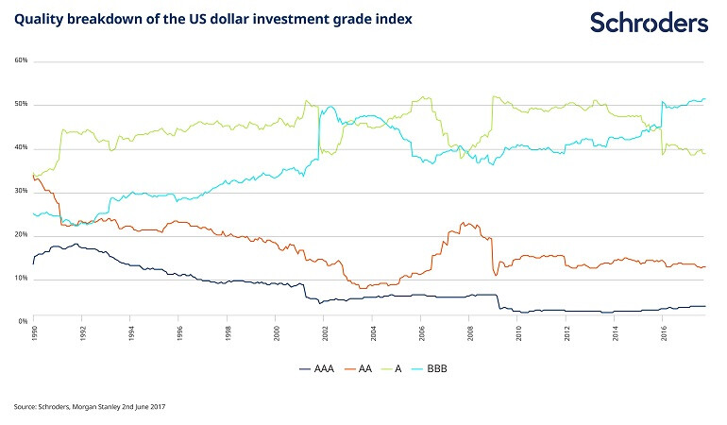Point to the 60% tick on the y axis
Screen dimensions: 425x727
21,61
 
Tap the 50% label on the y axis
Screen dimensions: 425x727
21,105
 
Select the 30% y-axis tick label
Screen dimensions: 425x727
21,193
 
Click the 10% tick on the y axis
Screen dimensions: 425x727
21,280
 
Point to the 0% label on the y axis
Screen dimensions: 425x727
23,322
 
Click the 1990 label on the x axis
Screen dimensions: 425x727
34,334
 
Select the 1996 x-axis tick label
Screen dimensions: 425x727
179,334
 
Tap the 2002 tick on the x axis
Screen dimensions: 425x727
325,334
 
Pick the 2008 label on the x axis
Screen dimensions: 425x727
470,334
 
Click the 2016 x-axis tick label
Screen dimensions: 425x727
664,334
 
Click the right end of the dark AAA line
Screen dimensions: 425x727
705,306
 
